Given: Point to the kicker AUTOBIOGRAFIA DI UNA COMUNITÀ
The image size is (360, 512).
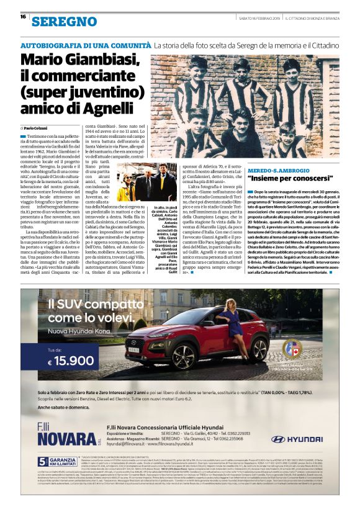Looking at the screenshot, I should [x=86, y=45].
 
